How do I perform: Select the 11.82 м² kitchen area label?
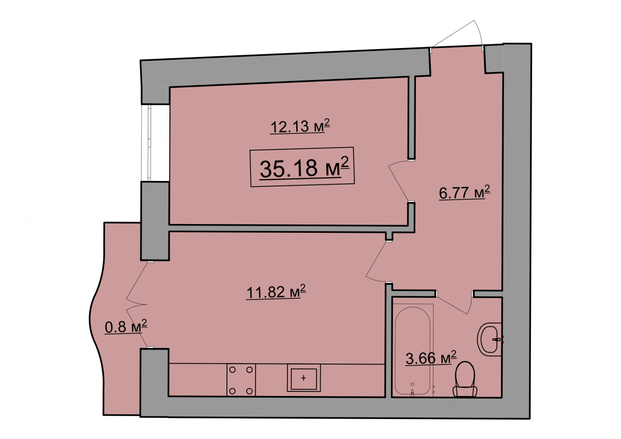[276, 292]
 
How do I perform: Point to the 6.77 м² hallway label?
[465, 192]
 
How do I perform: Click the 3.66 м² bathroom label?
[431, 358]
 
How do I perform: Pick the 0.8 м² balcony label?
[126, 327]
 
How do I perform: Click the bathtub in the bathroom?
[413, 350]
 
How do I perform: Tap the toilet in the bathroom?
[465, 379]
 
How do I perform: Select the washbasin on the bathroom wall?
[490, 338]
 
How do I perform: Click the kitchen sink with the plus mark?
[303, 378]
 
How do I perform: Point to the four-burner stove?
[241, 379]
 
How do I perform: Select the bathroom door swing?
[455, 304]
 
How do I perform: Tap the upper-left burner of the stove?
[233, 370]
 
